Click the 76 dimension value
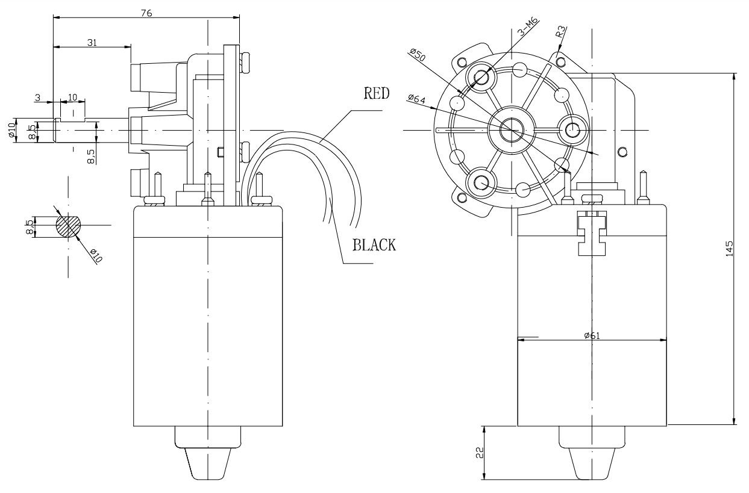pos(146,13)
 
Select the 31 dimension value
pos(92,43)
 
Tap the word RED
pos(377,93)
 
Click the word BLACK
pos(374,245)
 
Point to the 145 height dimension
pos(729,249)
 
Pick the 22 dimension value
pos(480,453)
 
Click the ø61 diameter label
pos(592,336)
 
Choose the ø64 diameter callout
pos(416,99)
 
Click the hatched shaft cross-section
pos(69,226)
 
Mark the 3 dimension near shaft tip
pos(38,98)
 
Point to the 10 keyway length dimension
pos(72,97)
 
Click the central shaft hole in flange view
pos(511,129)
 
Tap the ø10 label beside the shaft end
pos(11,130)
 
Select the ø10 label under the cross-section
pos(96,256)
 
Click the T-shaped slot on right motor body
pos(592,233)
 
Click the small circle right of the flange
pos(622,152)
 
